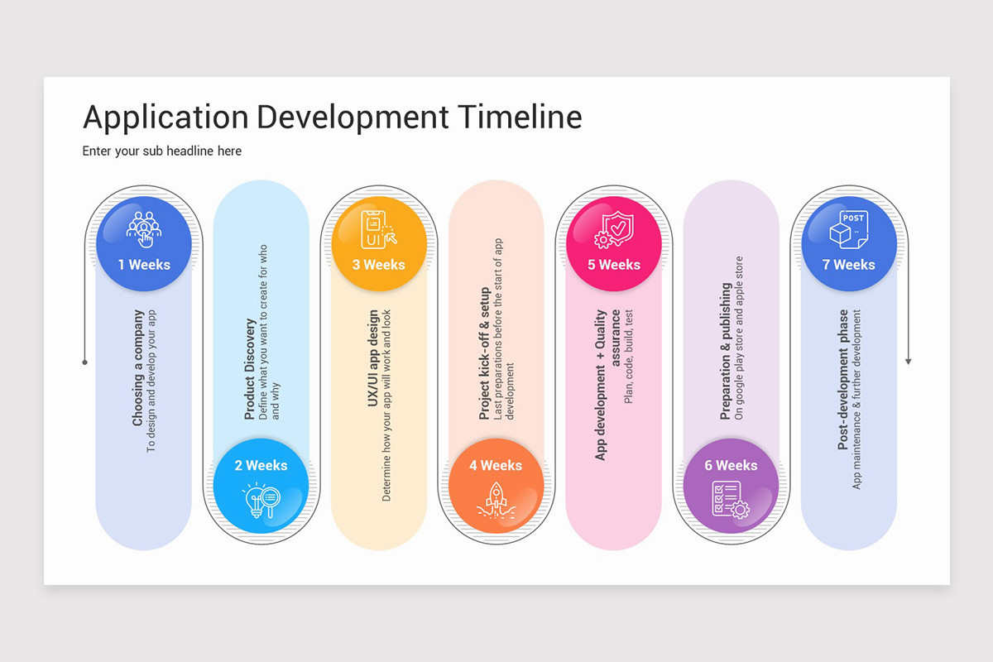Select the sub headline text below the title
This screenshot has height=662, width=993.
162,151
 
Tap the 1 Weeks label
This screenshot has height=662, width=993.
144,265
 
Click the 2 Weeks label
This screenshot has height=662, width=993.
261,465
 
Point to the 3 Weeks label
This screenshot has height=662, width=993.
379,265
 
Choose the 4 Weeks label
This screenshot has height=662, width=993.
496,465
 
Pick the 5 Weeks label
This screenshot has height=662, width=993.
614,265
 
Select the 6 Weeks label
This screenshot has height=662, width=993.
731,465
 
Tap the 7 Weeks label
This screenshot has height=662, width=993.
848,265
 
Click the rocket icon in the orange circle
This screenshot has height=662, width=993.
496,501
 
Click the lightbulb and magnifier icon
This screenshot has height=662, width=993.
261,501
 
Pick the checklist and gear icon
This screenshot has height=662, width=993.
731,501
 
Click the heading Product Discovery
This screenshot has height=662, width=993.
250,369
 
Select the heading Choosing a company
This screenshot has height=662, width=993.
138,368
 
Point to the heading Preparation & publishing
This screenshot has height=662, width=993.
726,351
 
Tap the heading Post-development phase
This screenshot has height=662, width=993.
843,380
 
